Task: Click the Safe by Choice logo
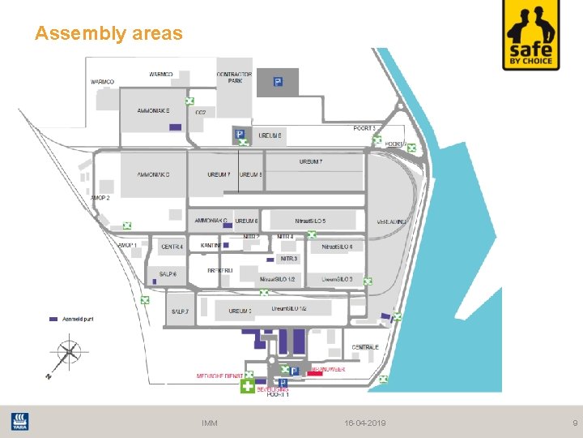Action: pyautogui.click(x=530, y=36)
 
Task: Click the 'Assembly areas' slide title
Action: pyautogui.click(x=109, y=33)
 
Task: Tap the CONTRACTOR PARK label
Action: pyautogui.click(x=235, y=78)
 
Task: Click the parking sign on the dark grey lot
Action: pyautogui.click(x=278, y=82)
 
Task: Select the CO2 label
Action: pyautogui.click(x=200, y=112)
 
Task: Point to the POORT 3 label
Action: pyautogui.click(x=364, y=128)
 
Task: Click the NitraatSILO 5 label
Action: pyautogui.click(x=310, y=221)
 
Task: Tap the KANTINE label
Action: pyautogui.click(x=211, y=245)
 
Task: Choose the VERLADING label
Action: pyautogui.click(x=392, y=221)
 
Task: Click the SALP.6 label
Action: pyautogui.click(x=168, y=274)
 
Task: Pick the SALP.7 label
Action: pyautogui.click(x=180, y=311)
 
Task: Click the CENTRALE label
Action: pyautogui.click(x=365, y=347)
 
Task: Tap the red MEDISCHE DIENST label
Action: pyautogui.click(x=220, y=376)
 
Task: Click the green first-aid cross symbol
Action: pyautogui.click(x=248, y=386)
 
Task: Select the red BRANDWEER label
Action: pyautogui.click(x=327, y=369)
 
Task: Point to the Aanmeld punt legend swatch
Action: pyautogui.click(x=53, y=319)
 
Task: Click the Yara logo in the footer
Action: pyautogui.click(x=19, y=422)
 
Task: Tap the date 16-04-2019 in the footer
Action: pyautogui.click(x=365, y=423)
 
